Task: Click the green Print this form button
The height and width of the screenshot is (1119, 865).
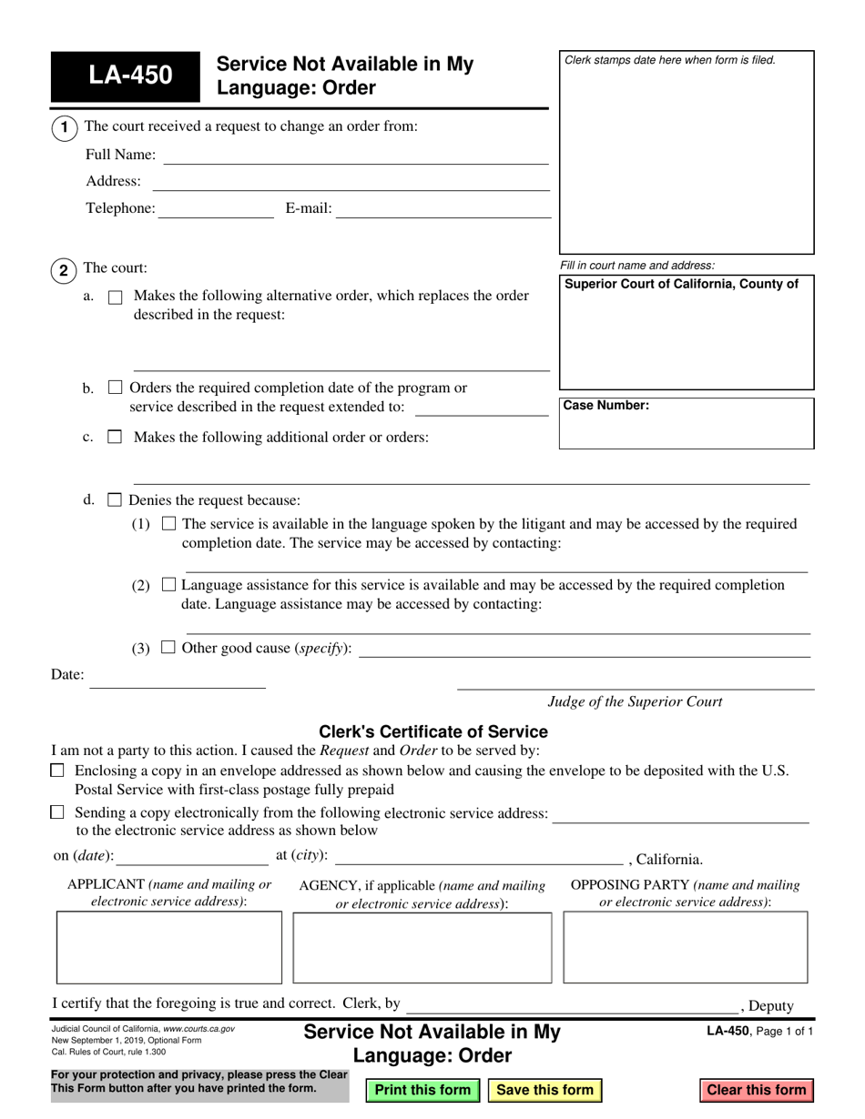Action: click(x=422, y=1090)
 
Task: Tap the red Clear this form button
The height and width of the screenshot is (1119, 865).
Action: click(x=756, y=1090)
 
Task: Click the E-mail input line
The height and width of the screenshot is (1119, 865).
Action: click(x=443, y=209)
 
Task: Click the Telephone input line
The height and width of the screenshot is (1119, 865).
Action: click(x=216, y=209)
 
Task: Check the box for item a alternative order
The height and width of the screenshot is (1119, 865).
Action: click(x=116, y=297)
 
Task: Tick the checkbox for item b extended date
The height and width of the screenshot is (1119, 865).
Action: click(x=115, y=388)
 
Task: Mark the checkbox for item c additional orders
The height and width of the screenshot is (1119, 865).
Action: click(x=115, y=437)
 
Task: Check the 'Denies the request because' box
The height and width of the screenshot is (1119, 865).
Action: click(x=115, y=499)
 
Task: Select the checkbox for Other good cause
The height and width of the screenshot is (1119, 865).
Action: click(x=168, y=648)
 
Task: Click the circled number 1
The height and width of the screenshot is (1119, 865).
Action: click(x=64, y=127)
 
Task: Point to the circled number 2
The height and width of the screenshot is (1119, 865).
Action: click(x=64, y=270)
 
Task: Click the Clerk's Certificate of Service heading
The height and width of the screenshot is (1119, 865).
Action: click(x=433, y=731)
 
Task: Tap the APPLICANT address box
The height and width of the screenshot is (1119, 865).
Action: click(x=169, y=947)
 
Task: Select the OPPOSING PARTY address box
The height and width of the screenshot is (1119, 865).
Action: click(x=685, y=947)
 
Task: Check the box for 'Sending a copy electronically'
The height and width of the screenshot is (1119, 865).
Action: click(x=58, y=812)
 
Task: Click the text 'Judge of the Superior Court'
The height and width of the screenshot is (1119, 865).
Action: click(x=635, y=701)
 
